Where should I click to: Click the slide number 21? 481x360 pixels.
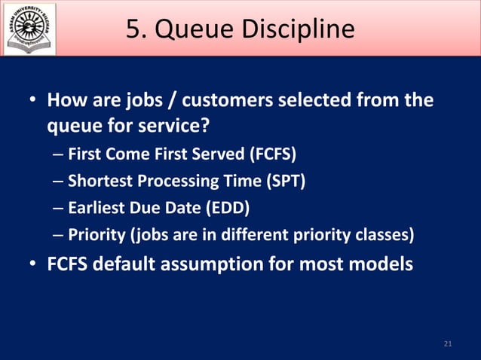448,344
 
